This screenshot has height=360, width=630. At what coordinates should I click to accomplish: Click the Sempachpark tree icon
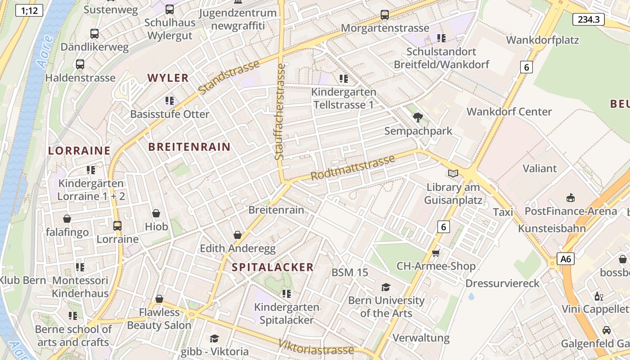pos(418,117)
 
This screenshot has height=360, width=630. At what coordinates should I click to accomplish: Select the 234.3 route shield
pos(588,19)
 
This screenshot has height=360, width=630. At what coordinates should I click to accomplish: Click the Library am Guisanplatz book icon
pos(453,173)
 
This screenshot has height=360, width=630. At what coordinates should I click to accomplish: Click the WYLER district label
pos(168,78)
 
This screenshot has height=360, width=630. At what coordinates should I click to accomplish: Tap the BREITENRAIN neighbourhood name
pos(189,147)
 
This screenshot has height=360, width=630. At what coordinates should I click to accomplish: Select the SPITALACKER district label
pos(272,267)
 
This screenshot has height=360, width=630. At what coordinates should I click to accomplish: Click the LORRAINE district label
pos(79,151)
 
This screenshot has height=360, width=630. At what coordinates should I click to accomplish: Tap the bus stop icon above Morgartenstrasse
pos(385,15)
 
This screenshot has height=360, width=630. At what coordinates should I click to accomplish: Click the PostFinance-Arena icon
pos(571,198)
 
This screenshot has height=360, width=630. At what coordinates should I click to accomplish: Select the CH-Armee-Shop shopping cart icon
pos(436,253)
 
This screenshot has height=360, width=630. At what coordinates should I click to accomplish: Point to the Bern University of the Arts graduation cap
pos(386,287)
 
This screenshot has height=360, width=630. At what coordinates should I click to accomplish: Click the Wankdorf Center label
pos(509,112)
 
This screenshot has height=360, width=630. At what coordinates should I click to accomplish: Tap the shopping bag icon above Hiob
pos(156,213)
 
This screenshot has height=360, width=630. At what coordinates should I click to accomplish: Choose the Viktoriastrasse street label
pos(316,346)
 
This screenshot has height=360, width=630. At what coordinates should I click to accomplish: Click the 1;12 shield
pos(29,10)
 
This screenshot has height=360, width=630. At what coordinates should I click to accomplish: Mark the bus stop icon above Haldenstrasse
pos(80,64)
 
